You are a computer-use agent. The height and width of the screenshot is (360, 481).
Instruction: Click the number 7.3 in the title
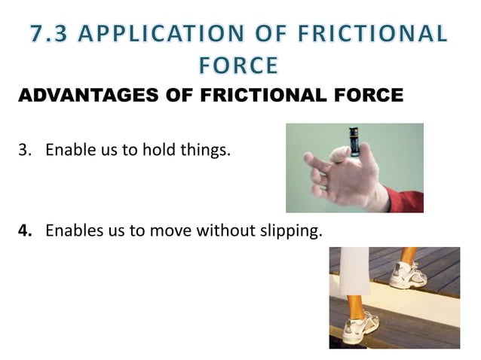[x=52, y=34]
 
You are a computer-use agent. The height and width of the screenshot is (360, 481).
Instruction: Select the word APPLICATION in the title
[x=176, y=34]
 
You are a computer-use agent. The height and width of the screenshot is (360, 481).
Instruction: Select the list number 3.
[x=24, y=150]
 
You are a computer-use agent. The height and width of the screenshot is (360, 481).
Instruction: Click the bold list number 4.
[x=24, y=230]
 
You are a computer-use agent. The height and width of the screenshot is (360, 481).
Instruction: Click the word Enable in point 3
[x=70, y=150]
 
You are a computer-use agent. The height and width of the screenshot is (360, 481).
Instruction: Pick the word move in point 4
[x=170, y=230]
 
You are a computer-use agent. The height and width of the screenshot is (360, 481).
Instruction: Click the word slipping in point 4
[x=290, y=230]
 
